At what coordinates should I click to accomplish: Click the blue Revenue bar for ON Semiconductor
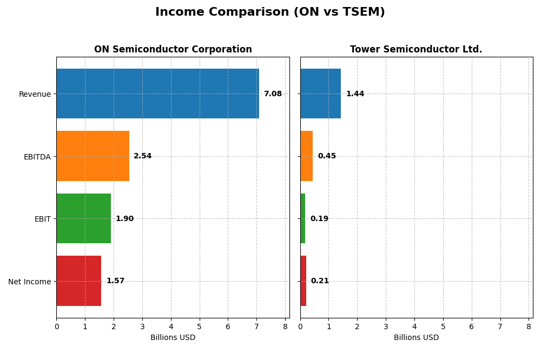pyautogui.click(x=157, y=94)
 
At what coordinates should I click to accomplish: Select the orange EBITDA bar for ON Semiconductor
pyautogui.click(x=93, y=156)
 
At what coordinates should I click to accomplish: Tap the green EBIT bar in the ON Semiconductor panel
pyautogui.click(x=83, y=218)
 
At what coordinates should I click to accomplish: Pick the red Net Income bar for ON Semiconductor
pyautogui.click(x=79, y=281)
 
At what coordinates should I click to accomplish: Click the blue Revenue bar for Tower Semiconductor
pyautogui.click(x=320, y=94)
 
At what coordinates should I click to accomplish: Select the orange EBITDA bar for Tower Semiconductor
pyautogui.click(x=306, y=156)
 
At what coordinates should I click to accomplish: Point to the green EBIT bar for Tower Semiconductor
pyautogui.click(x=303, y=218)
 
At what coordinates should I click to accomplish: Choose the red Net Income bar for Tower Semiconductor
pyautogui.click(x=303, y=281)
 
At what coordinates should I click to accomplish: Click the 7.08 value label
pyautogui.click(x=273, y=94)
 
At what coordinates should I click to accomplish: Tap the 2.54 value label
pyautogui.click(x=143, y=156)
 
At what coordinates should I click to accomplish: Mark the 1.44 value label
pyautogui.click(x=355, y=94)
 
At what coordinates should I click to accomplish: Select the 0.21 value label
pyautogui.click(x=320, y=281)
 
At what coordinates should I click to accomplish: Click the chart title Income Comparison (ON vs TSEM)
pyautogui.click(x=270, y=12)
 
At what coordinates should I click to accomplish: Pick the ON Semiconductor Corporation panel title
pyautogui.click(x=173, y=50)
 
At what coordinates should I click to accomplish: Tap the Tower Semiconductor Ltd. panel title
pyautogui.click(x=416, y=50)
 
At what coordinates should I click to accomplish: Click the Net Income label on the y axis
pyautogui.click(x=30, y=282)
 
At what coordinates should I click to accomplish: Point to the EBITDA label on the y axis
pyautogui.click(x=37, y=157)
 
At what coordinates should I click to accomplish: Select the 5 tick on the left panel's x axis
pyautogui.click(x=200, y=326)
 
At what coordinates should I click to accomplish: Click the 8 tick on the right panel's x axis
pyautogui.click(x=529, y=326)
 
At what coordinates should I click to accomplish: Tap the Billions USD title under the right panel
pyautogui.click(x=416, y=338)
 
